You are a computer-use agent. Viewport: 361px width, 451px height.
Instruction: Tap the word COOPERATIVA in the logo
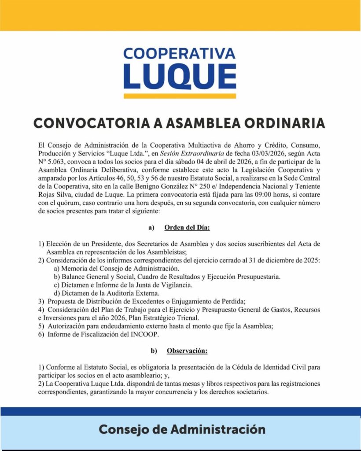(180, 54)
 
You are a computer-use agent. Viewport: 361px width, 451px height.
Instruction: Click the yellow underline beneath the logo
(180, 96)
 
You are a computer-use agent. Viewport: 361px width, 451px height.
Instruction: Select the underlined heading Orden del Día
(187, 228)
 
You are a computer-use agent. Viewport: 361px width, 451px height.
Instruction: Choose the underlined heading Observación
(187, 351)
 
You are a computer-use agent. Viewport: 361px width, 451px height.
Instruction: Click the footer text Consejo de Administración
(182, 429)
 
